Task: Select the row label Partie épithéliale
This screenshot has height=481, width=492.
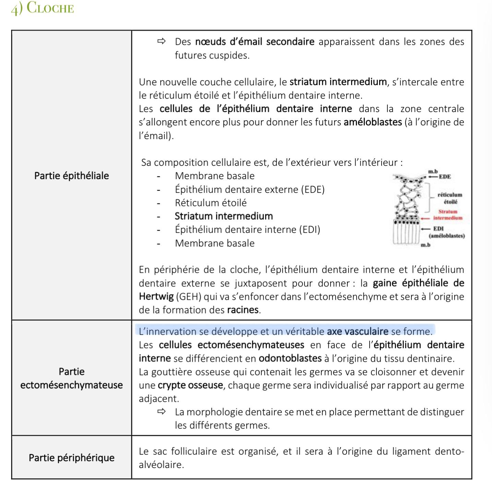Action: tap(71, 176)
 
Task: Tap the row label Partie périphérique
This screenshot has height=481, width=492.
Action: tap(71, 458)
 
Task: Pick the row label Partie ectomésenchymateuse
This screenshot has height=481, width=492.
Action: tap(71, 378)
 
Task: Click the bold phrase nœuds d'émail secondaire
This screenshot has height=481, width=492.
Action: tap(255, 42)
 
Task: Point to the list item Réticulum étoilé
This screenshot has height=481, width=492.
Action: tap(211, 203)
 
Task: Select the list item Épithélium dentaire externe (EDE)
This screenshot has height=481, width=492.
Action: tap(249, 189)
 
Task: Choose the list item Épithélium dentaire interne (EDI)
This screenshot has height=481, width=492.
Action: tap(247, 230)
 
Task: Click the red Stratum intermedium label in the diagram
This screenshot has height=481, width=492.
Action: tap(448, 215)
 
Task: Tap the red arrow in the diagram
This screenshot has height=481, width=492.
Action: tap(425, 218)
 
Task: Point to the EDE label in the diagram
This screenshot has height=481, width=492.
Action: tap(445, 177)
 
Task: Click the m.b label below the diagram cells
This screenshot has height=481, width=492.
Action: tap(425, 245)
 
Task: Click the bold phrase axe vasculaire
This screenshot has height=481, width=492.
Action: tap(358, 332)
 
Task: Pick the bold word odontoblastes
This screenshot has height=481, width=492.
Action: tap(290, 358)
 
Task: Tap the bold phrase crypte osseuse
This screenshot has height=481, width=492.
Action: tap(190, 385)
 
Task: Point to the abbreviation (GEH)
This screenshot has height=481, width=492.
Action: tap(189, 297)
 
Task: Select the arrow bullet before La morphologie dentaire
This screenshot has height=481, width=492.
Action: tap(161, 412)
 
